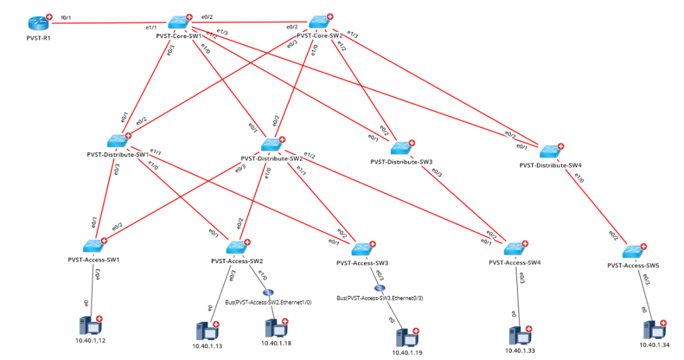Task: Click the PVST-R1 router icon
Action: tap(39, 23)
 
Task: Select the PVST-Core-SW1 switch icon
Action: tap(179, 22)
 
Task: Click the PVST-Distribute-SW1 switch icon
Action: tap(118, 141)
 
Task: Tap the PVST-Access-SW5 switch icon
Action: tap(633, 252)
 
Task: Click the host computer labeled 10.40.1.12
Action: tap(90, 327)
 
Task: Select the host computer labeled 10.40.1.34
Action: tap(653, 329)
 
